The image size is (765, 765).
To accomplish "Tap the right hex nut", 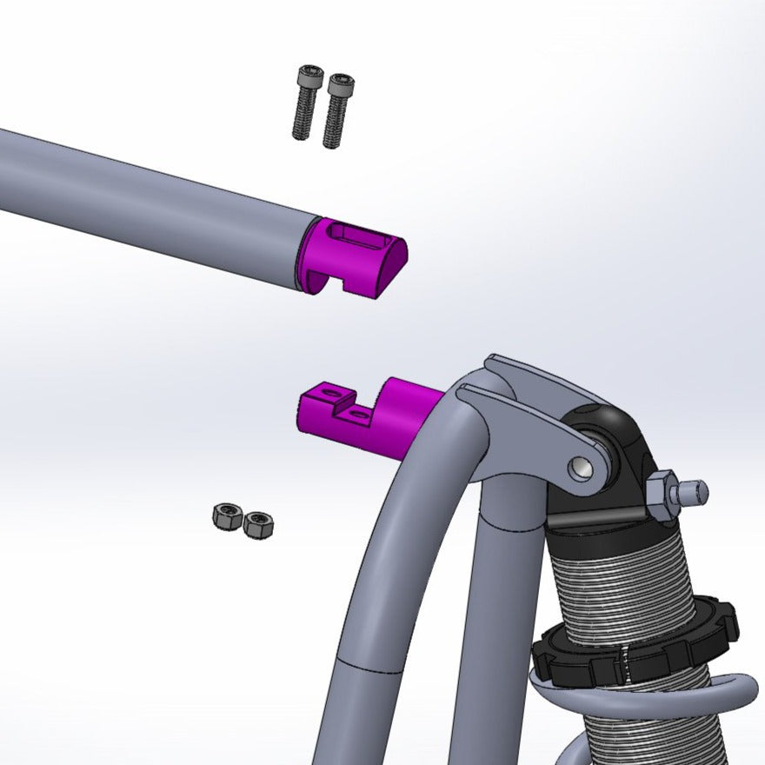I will click(x=258, y=524).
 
